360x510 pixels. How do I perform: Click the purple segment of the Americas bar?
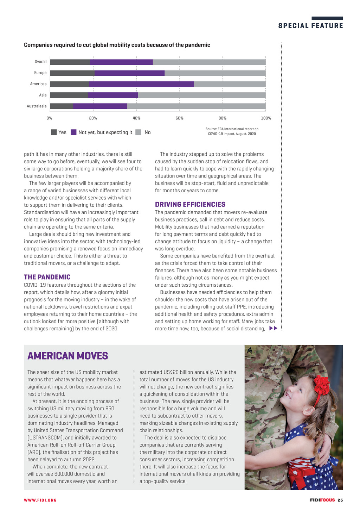click(141, 84)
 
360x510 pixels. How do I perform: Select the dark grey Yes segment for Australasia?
click(62, 106)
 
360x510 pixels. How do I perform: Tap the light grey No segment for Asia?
click(201, 95)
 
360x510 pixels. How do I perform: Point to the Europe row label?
click(40, 73)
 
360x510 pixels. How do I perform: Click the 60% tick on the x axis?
click(179, 118)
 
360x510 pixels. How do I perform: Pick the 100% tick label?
click(266, 118)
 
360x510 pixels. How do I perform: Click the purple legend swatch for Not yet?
click(73, 132)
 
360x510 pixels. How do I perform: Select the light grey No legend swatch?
click(139, 132)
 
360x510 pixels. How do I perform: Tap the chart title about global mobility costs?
click(117, 45)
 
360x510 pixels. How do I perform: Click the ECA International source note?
click(232, 131)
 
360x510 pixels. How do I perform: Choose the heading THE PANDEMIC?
click(47, 277)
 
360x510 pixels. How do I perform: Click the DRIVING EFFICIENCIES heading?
click(190, 205)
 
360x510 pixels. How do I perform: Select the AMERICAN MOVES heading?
click(68, 356)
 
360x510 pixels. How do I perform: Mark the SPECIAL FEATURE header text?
click(310, 26)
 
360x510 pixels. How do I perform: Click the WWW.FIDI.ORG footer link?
click(40, 500)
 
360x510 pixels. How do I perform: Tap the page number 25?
click(340, 500)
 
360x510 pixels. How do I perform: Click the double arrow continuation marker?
click(273, 329)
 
